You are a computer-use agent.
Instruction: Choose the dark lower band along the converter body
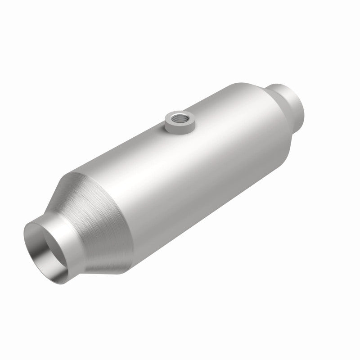(x=202, y=225)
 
